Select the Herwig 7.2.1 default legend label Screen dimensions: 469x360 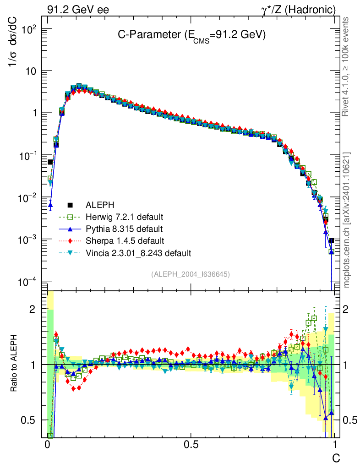click(x=125, y=217)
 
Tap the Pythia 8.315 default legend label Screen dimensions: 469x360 click(x=124, y=229)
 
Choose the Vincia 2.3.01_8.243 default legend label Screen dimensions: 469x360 click(x=138, y=252)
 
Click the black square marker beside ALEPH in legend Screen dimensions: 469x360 click(x=70, y=205)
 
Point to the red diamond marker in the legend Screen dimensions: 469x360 click(x=70, y=240)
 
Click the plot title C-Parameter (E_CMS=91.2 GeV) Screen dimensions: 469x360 click(x=191, y=35)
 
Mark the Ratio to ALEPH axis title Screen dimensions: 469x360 click(x=14, y=364)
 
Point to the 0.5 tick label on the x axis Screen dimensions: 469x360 click(x=191, y=445)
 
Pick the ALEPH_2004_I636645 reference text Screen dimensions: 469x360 click(x=190, y=274)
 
